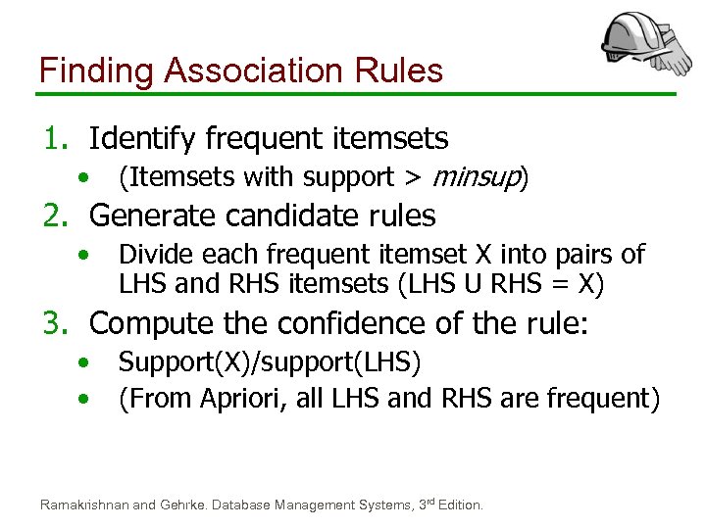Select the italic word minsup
(x=476, y=177)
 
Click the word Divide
(x=155, y=255)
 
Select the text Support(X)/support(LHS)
(x=270, y=363)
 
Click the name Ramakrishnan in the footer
(x=83, y=505)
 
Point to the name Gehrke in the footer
(x=183, y=505)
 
